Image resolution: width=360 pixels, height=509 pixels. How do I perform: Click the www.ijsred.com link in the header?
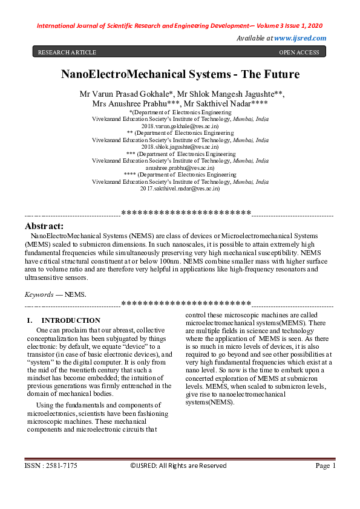(x=300, y=38)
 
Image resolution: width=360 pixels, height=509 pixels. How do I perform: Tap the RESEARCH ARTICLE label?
(x=62, y=53)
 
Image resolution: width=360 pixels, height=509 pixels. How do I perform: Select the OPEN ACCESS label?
(x=299, y=53)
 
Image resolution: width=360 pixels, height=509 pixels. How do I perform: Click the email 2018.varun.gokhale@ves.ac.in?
(x=180, y=126)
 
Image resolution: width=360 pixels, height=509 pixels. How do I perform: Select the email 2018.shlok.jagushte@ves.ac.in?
(x=180, y=146)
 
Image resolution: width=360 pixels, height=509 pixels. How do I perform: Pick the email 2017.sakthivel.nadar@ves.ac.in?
(x=180, y=189)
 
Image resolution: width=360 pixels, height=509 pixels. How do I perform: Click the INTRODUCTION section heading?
(x=71, y=320)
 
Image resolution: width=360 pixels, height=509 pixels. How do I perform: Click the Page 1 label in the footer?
(x=326, y=482)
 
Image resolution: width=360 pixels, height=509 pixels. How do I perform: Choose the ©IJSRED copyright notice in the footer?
(x=178, y=482)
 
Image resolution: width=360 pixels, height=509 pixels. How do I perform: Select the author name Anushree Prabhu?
(x=141, y=104)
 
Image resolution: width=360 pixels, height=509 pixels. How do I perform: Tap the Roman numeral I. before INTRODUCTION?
(x=29, y=320)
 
